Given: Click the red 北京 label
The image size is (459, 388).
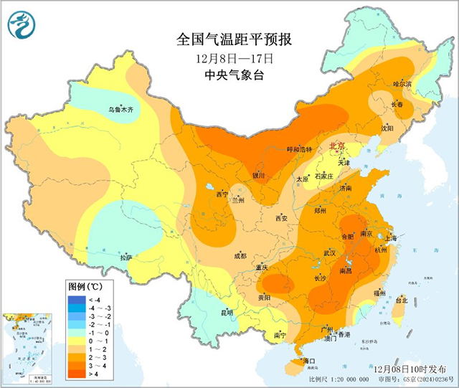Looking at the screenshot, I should coord(336,146).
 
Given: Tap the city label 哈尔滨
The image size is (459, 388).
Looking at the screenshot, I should coord(402,84).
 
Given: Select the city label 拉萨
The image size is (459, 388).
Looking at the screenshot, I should coord(126,257).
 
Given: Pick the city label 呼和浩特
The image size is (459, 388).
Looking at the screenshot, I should coord(300,149).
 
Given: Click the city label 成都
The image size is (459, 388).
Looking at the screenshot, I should coord(239,255).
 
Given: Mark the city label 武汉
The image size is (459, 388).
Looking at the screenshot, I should coord(329,253).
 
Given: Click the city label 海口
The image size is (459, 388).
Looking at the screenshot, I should coord(309,360).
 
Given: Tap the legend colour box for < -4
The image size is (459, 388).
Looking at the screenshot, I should coord(76,298).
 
